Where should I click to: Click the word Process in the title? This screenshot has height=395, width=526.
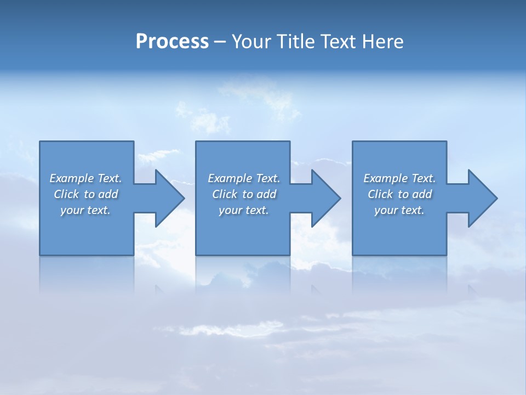pyautogui.click(x=172, y=42)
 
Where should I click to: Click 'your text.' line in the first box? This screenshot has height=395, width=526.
pyautogui.click(x=85, y=210)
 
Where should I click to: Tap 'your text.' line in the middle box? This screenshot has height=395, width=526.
pyautogui.click(x=243, y=210)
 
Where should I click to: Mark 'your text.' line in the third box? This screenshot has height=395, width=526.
pyautogui.click(x=399, y=210)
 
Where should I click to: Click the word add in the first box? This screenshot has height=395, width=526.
pyautogui.click(x=108, y=194)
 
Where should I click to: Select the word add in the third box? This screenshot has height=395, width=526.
pyautogui.click(x=422, y=194)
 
